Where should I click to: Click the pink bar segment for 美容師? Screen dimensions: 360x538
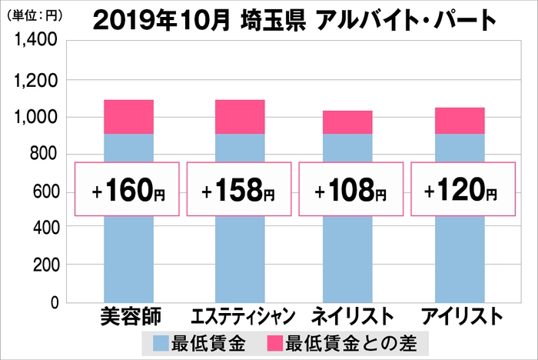point(128,117)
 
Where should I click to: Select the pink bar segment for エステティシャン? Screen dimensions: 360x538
point(240,117)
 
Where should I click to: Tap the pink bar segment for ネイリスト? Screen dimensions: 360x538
point(347,122)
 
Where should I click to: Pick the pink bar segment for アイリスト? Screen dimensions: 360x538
point(460,121)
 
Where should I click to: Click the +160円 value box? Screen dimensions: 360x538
point(128,189)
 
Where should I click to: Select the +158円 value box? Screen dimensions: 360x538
point(240,189)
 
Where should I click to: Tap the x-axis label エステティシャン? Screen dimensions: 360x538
point(240,316)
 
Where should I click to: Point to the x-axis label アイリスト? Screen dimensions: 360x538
point(461,316)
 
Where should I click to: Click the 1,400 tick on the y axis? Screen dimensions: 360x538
point(32,43)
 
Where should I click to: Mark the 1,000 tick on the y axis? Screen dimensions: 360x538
point(32,117)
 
